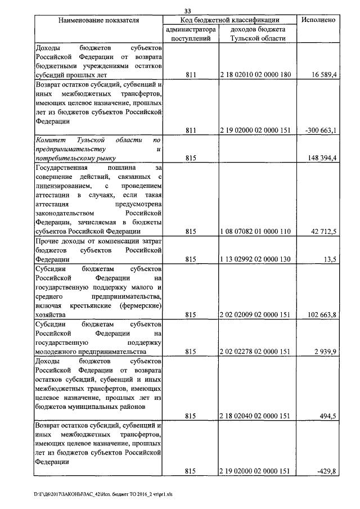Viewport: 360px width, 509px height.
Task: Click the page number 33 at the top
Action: pos(188,10)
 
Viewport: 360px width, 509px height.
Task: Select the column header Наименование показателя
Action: pos(98,20)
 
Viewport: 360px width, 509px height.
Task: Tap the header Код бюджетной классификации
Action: pos(230,20)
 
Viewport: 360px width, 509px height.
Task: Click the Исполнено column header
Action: pos(318,20)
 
